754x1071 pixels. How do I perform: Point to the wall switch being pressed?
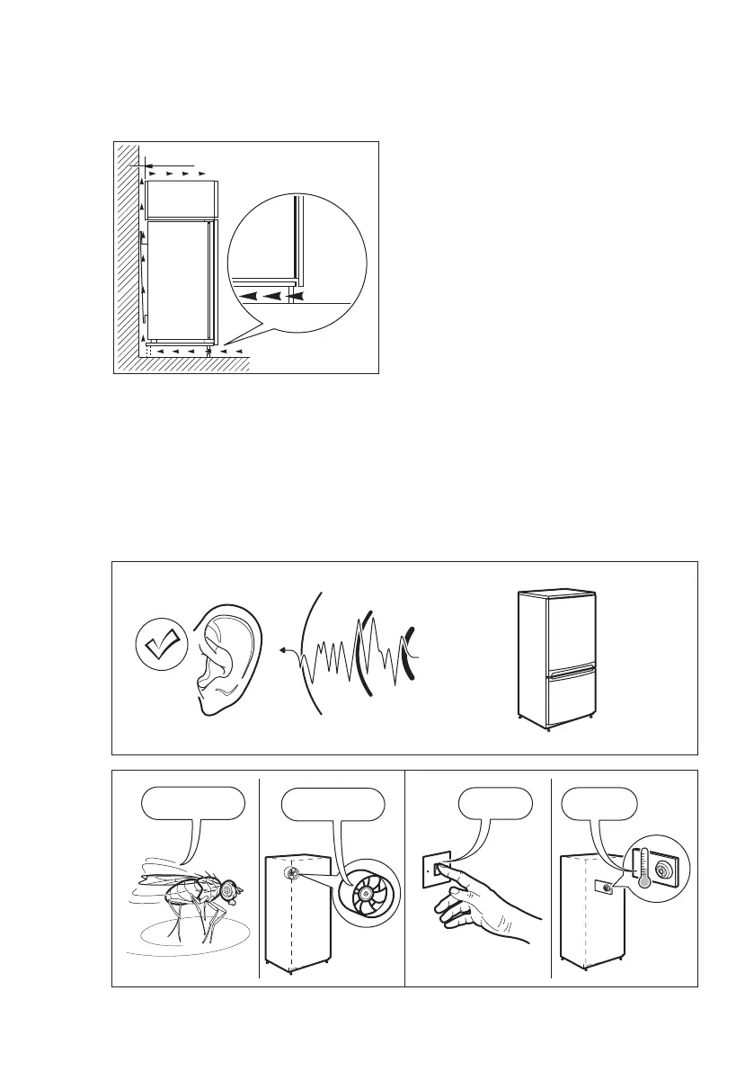(x=441, y=868)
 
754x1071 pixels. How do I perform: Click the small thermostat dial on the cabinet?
(x=607, y=886)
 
